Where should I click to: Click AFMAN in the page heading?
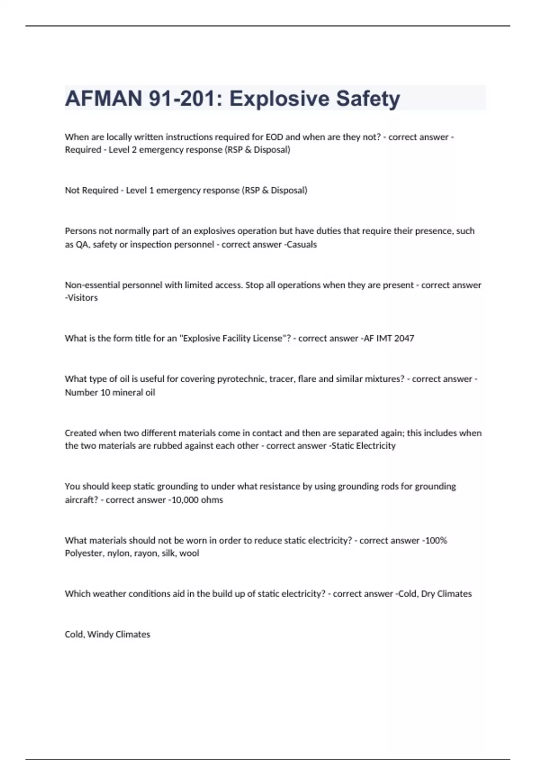(x=103, y=98)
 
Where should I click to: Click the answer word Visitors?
(x=82, y=298)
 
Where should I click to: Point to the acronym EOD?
(x=274, y=137)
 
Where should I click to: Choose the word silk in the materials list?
(x=168, y=553)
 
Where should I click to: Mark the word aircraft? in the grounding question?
(x=81, y=500)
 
